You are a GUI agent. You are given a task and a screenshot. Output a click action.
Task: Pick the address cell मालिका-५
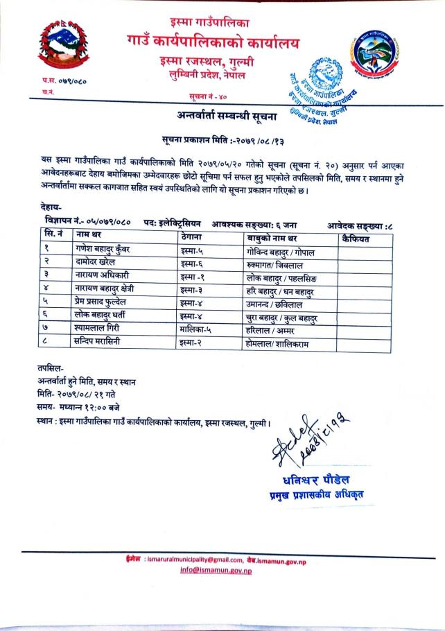[195, 330]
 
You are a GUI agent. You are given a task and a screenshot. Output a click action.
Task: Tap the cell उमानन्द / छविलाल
[280, 304]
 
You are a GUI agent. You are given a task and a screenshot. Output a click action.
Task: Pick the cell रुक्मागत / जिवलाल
[280, 264]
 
